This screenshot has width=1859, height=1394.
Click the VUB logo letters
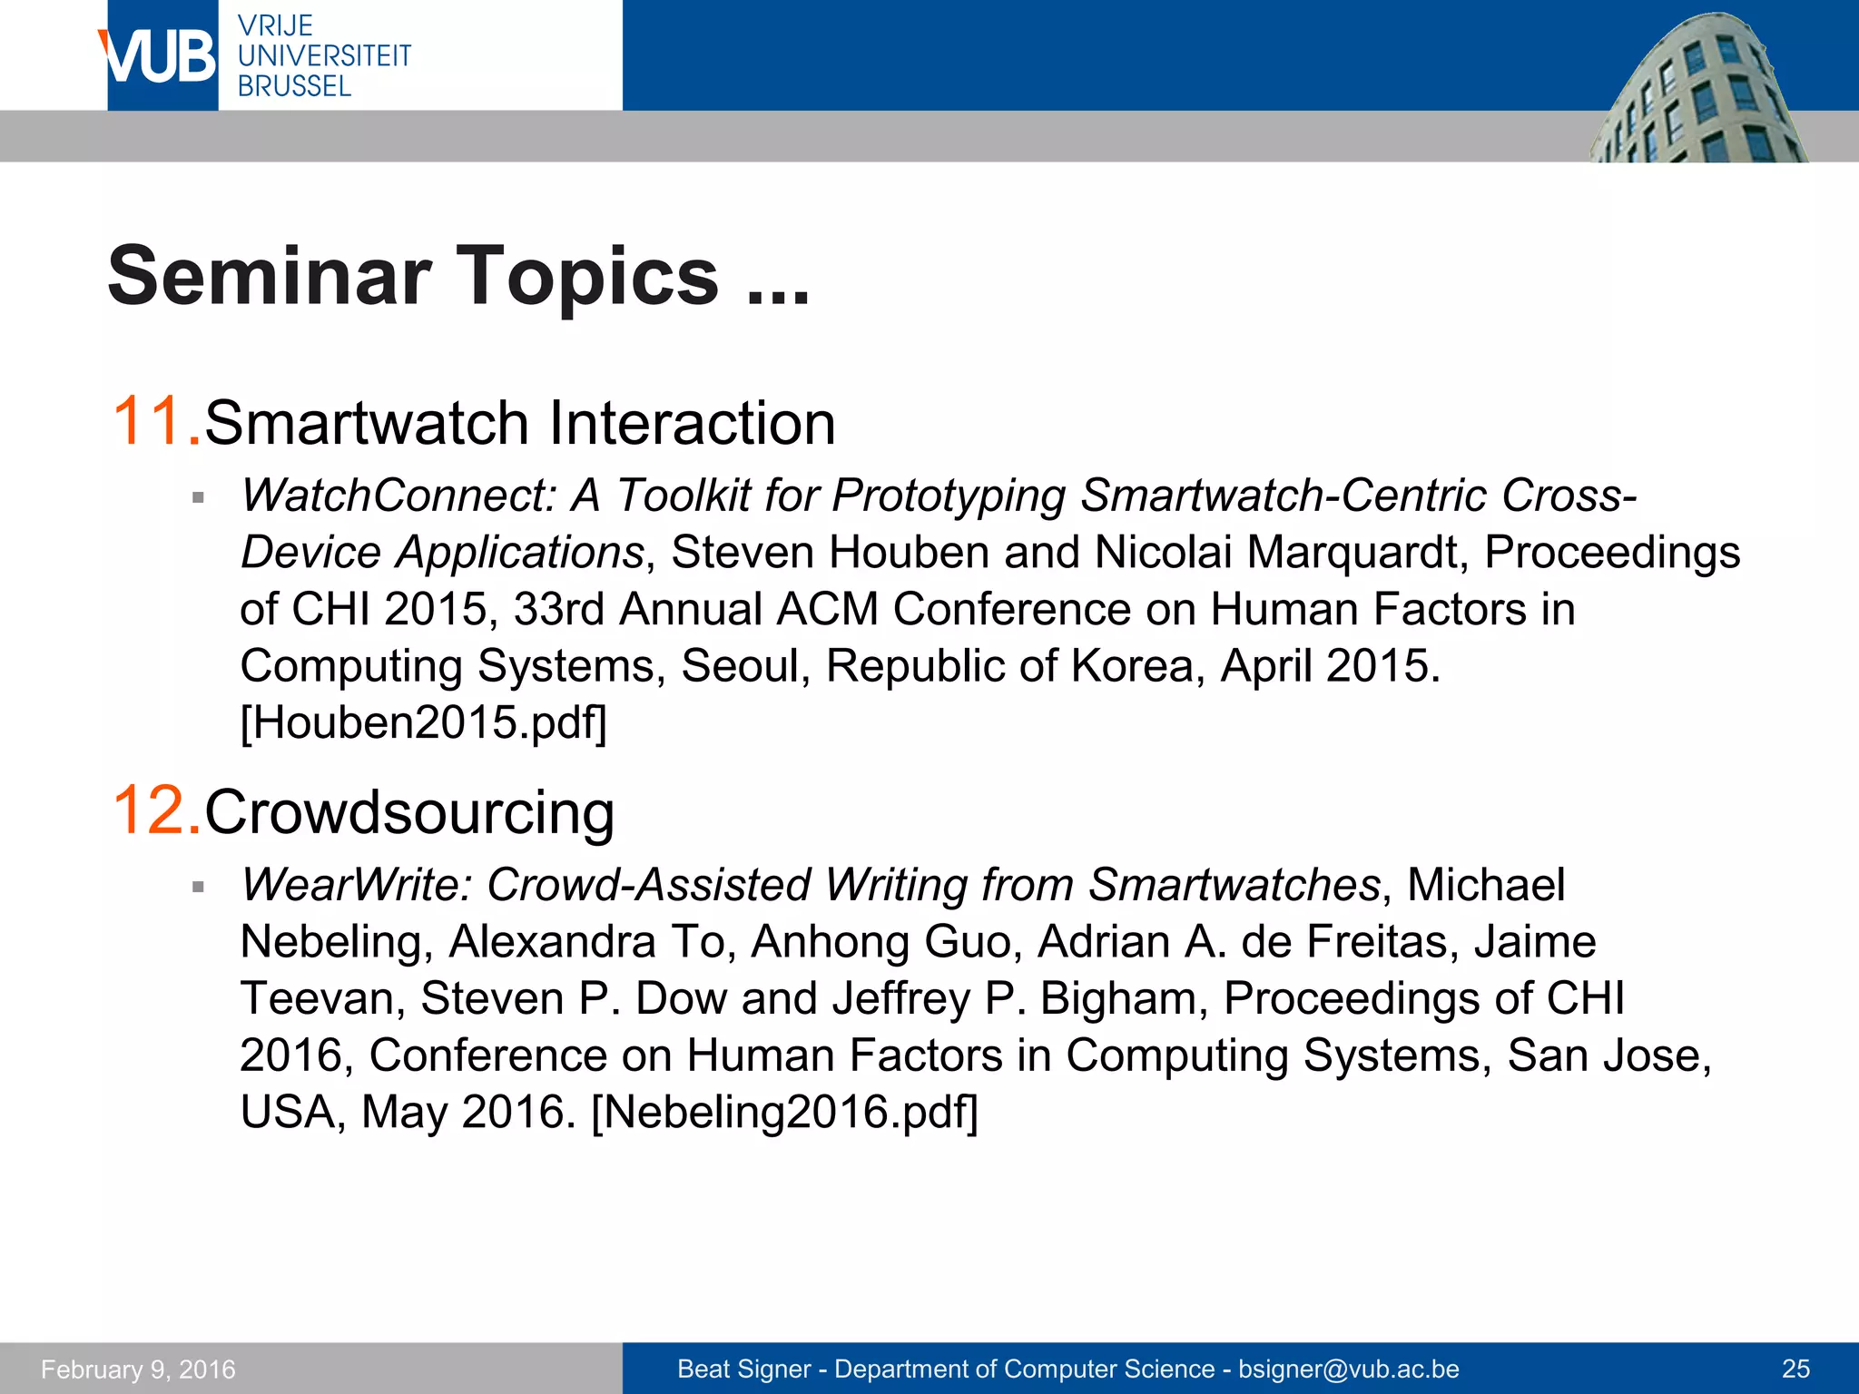tap(160, 56)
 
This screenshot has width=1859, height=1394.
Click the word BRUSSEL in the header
tap(294, 86)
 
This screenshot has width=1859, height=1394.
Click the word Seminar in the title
tap(269, 276)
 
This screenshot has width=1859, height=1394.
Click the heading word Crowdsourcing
tap(409, 811)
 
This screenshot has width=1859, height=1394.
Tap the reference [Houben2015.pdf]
tap(423, 722)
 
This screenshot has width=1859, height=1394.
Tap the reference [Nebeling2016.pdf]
tap(784, 1112)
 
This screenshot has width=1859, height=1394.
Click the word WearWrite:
tap(356, 885)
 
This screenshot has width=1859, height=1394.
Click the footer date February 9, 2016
tap(138, 1369)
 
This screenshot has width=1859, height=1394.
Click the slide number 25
tap(1795, 1369)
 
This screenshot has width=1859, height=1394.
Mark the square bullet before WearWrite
tap(199, 887)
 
